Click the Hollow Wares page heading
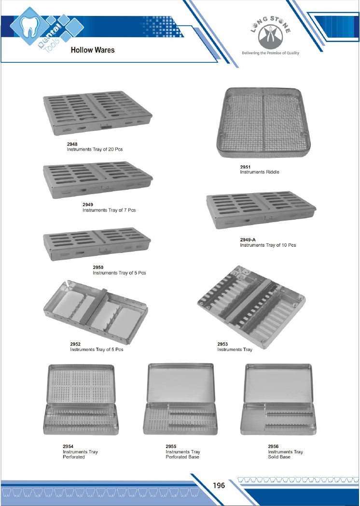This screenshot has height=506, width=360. point(93,50)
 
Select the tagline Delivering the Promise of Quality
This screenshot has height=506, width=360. point(270,53)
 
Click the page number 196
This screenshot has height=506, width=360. point(219,485)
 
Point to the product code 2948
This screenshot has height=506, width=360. point(72,144)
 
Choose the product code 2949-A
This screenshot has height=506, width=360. point(248,240)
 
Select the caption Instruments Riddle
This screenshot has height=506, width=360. point(260,172)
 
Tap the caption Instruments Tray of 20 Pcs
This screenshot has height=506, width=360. point(95,149)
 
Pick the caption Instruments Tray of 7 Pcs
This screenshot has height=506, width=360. point(109,210)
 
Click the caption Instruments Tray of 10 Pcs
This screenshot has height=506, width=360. point(268,245)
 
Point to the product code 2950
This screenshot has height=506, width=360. point(98,267)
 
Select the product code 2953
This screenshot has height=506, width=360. point(222,344)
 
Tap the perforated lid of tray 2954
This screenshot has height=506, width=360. point(81,384)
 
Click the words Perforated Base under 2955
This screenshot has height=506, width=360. point(182,457)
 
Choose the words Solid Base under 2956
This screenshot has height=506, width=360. point(279,457)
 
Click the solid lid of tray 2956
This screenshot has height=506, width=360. point(278,383)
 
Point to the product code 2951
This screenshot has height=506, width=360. point(245,167)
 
